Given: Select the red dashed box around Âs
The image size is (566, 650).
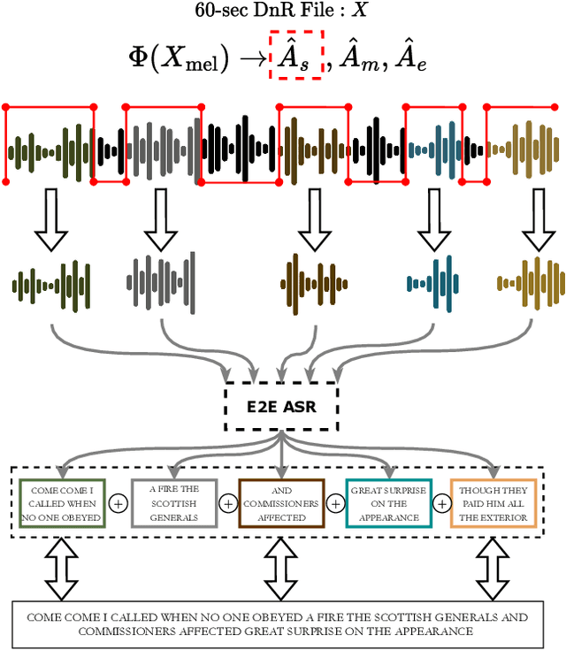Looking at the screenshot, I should (x=295, y=55).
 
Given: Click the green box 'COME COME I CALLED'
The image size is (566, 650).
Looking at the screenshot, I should (x=63, y=503).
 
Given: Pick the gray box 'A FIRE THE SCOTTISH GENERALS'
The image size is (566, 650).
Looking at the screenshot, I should (x=173, y=503).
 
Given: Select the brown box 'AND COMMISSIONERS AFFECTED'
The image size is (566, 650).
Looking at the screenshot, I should (x=281, y=503).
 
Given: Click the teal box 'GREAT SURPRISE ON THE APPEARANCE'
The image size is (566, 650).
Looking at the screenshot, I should (x=388, y=503).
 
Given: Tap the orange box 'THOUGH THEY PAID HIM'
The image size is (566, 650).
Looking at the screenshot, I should (x=493, y=503).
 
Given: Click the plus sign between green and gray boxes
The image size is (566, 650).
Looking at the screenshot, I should (x=119, y=503).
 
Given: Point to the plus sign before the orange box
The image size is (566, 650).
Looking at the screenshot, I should (x=441, y=503).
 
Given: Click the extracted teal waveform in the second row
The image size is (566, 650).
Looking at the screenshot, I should (x=433, y=283).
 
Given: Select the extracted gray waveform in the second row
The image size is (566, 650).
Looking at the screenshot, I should (x=161, y=283).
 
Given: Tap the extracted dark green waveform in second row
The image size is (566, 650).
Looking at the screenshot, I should (x=51, y=283).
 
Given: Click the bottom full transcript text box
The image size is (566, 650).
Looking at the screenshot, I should (x=282, y=624).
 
